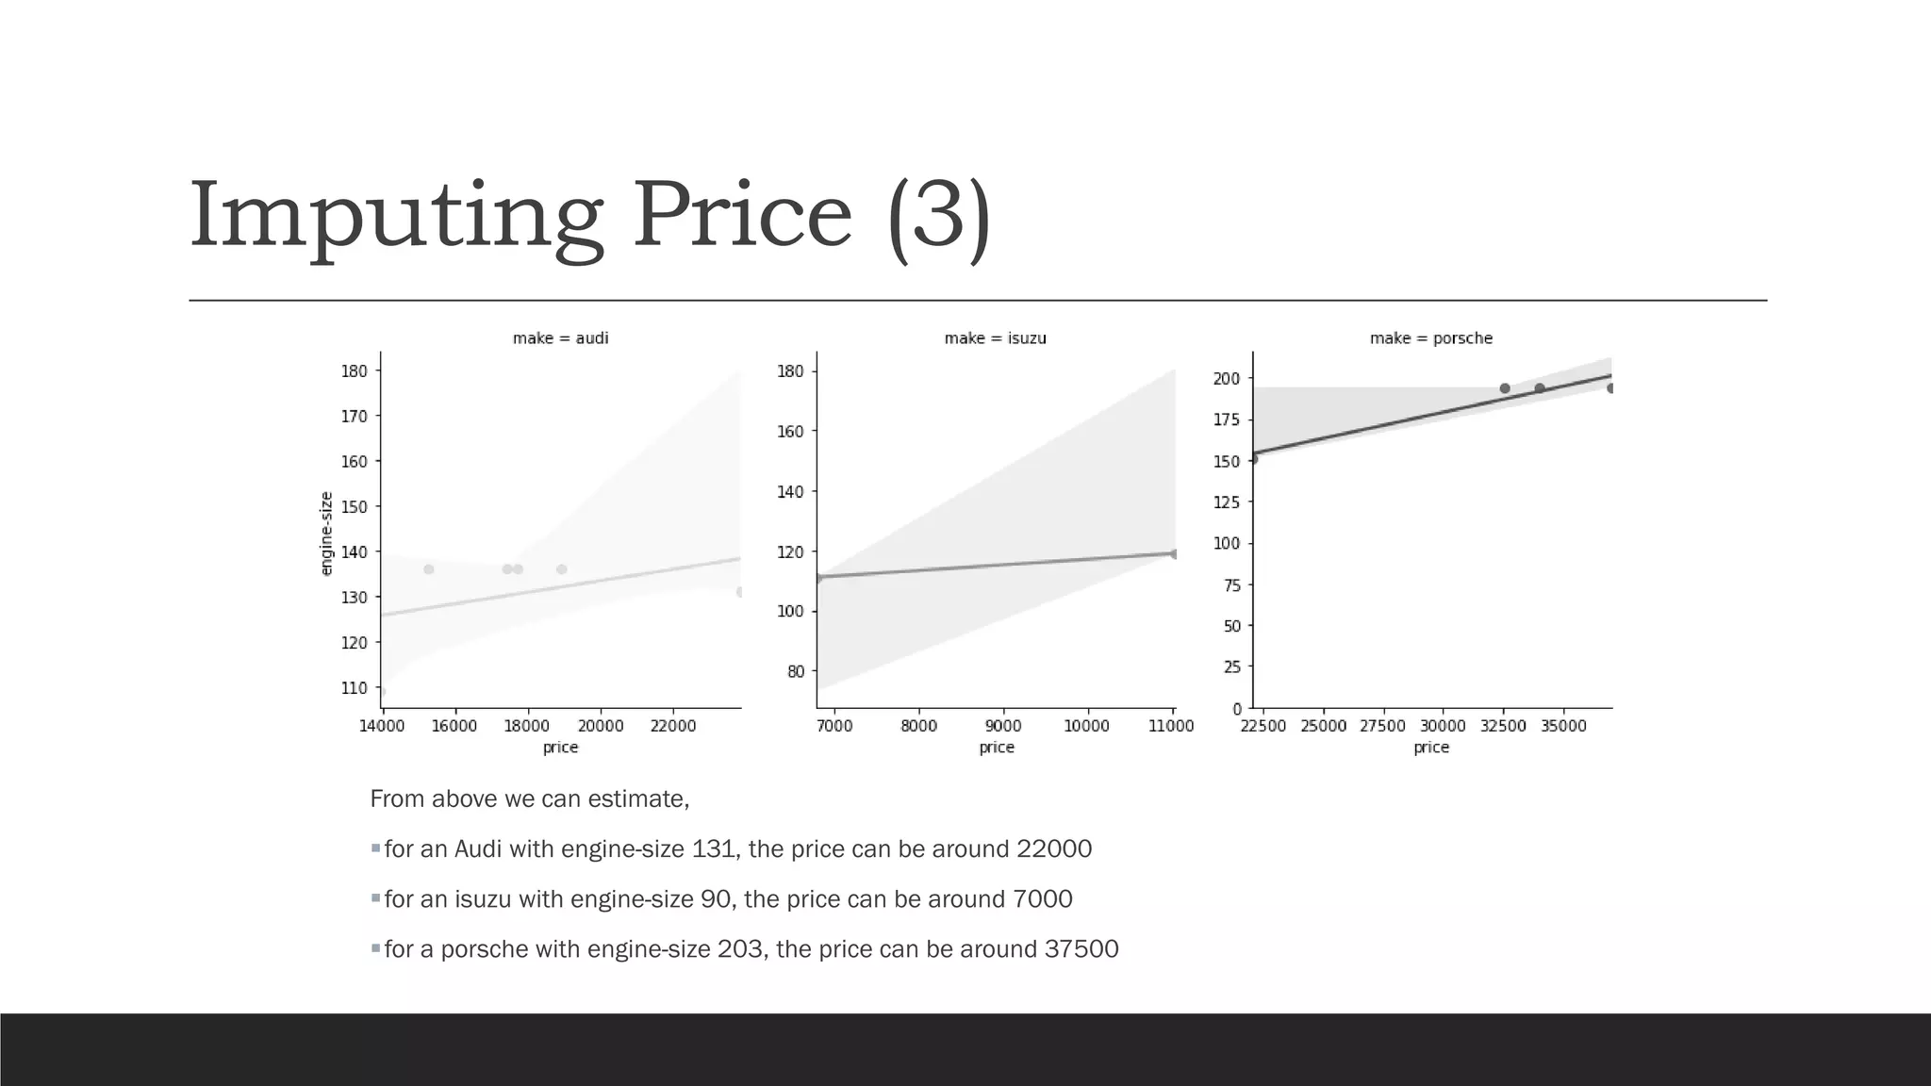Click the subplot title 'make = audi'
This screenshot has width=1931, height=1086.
tap(560, 338)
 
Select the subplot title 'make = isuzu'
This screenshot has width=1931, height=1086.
tap(995, 338)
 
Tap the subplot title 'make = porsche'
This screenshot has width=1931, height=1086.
tap(1430, 338)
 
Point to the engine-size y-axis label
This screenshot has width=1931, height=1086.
tap(327, 534)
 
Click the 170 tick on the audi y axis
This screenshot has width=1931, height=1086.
tap(355, 416)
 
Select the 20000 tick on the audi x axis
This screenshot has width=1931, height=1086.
tap(600, 726)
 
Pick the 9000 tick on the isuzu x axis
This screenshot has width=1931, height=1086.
tap(1002, 726)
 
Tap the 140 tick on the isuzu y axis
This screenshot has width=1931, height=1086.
tap(790, 491)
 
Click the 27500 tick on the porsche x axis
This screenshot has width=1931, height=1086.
tap(1382, 726)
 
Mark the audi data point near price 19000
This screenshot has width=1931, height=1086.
tap(562, 569)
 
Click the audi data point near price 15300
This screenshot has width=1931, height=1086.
tap(429, 569)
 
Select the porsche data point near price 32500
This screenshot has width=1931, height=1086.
tap(1505, 388)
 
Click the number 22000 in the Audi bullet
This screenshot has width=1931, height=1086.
tap(1053, 849)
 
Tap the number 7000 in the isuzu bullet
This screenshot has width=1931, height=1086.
tap(1042, 899)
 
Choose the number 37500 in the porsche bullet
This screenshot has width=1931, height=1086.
tap(1081, 949)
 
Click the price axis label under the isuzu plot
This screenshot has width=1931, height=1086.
tap(997, 748)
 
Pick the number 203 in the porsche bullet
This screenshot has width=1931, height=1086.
tap(739, 949)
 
